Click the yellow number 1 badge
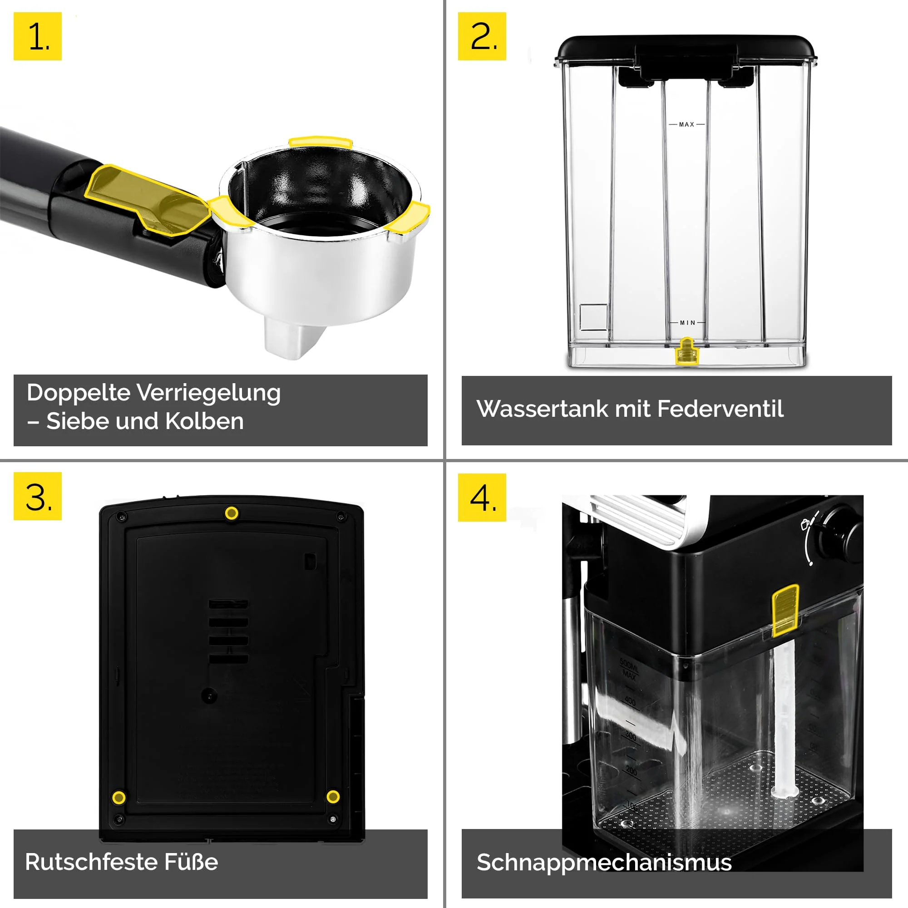point(38,36)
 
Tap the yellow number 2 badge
point(482,36)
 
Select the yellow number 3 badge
point(38,496)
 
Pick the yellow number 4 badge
point(482,497)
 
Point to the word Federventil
point(720,409)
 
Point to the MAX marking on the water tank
point(686,124)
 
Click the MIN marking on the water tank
point(687,323)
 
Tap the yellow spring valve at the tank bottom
point(686,351)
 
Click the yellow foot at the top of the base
point(231,513)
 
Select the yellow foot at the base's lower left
point(119,798)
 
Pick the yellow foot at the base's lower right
point(333,797)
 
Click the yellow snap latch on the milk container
point(785,611)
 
